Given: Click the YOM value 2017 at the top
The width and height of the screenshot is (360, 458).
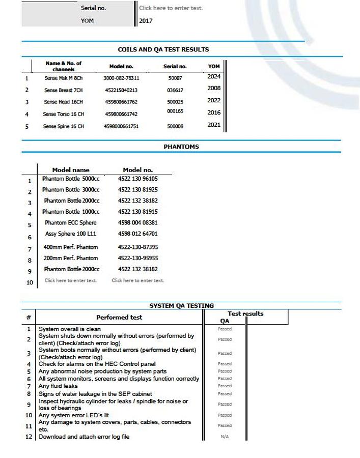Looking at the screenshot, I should click(x=146, y=21).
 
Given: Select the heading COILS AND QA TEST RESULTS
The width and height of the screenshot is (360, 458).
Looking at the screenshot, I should click(x=163, y=49).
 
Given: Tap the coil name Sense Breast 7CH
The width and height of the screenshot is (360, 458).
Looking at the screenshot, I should click(x=63, y=90).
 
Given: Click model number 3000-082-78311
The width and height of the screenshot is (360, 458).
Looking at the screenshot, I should click(x=121, y=78).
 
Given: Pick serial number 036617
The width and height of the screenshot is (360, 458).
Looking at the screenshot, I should click(x=175, y=90).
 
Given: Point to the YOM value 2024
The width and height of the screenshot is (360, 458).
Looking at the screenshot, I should click(x=214, y=77).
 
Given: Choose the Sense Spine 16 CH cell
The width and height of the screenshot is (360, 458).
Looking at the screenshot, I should click(x=63, y=126).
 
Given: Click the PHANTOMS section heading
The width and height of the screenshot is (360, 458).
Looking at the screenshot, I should click(x=181, y=147).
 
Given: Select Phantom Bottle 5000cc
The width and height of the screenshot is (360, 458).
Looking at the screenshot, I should click(x=71, y=179).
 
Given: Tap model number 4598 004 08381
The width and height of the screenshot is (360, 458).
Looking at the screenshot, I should click(x=137, y=222).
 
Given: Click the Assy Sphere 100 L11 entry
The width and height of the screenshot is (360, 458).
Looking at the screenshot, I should click(x=70, y=234).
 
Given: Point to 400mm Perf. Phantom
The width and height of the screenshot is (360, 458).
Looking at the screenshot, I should click(x=70, y=247).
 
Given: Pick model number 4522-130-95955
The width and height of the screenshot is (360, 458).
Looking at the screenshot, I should click(x=137, y=258).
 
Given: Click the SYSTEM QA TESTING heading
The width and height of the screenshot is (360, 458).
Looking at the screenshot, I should click(x=181, y=306).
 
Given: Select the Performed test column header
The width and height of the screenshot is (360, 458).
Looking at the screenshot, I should click(x=119, y=317).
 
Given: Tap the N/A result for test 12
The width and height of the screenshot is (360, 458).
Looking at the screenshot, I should click(x=225, y=437).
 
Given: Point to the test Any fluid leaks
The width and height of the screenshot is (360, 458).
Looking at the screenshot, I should click(x=59, y=386).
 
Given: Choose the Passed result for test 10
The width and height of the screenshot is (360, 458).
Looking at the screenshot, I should click(x=225, y=415).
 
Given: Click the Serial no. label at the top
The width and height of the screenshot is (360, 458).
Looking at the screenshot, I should click(x=93, y=8).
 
